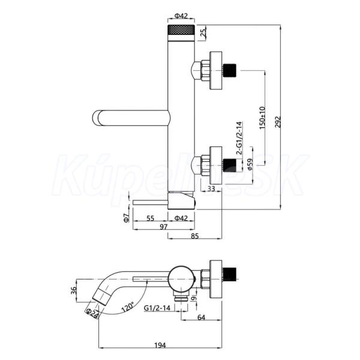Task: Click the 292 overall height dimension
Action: pyautogui.click(x=278, y=121)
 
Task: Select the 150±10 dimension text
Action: pyautogui.click(x=262, y=118)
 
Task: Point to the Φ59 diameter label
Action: pyautogui.click(x=250, y=164)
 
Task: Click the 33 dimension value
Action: pyautogui.click(x=211, y=188)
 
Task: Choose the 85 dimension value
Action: pyautogui.click(x=194, y=236)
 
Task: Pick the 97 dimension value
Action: pyautogui.click(x=163, y=227)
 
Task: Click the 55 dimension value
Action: pyautogui.click(x=150, y=218)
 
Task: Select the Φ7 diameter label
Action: pyautogui.click(x=126, y=217)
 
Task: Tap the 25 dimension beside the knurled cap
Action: pyautogui.click(x=203, y=33)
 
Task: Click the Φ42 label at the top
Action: pyautogui.click(x=181, y=16)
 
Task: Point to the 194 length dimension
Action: pyautogui.click(x=160, y=345)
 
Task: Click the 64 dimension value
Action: pyautogui.click(x=201, y=317)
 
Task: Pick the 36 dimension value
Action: pyautogui.click(x=73, y=290)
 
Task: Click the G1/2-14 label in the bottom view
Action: pyautogui.click(x=157, y=308)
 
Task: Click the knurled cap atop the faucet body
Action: pyautogui.click(x=181, y=30)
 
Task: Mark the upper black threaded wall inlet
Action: pyautogui.click(x=230, y=70)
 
